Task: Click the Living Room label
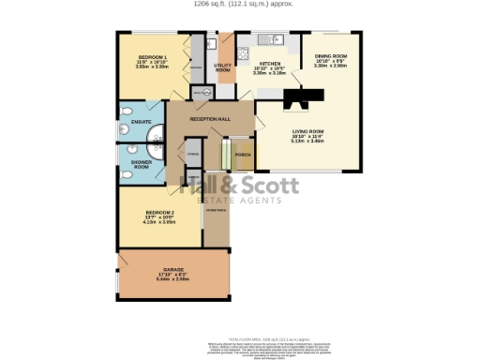[307, 130]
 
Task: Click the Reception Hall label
[210, 120]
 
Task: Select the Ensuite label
[142, 125]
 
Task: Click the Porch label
[242, 154]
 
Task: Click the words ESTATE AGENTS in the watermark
[241, 201]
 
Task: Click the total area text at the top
[239, 4]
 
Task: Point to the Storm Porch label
[216, 210]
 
